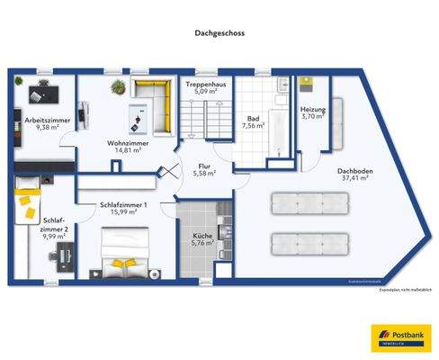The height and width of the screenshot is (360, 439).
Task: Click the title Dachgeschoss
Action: [x=219, y=32]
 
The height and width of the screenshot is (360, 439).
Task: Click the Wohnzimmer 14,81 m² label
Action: [x=127, y=148]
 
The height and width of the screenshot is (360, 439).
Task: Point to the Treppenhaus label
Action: [x=204, y=87]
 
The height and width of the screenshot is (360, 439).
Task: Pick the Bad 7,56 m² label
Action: [x=254, y=122]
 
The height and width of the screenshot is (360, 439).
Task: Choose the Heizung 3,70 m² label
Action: [x=312, y=113]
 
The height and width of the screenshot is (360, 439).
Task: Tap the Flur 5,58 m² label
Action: [x=204, y=169]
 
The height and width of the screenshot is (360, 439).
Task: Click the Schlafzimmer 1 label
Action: [x=124, y=208]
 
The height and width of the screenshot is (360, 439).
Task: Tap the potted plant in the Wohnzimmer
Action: [x=116, y=86]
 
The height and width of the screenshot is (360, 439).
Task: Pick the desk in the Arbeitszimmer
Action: [x=40, y=93]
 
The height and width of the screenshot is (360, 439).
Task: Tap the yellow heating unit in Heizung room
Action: [x=307, y=84]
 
